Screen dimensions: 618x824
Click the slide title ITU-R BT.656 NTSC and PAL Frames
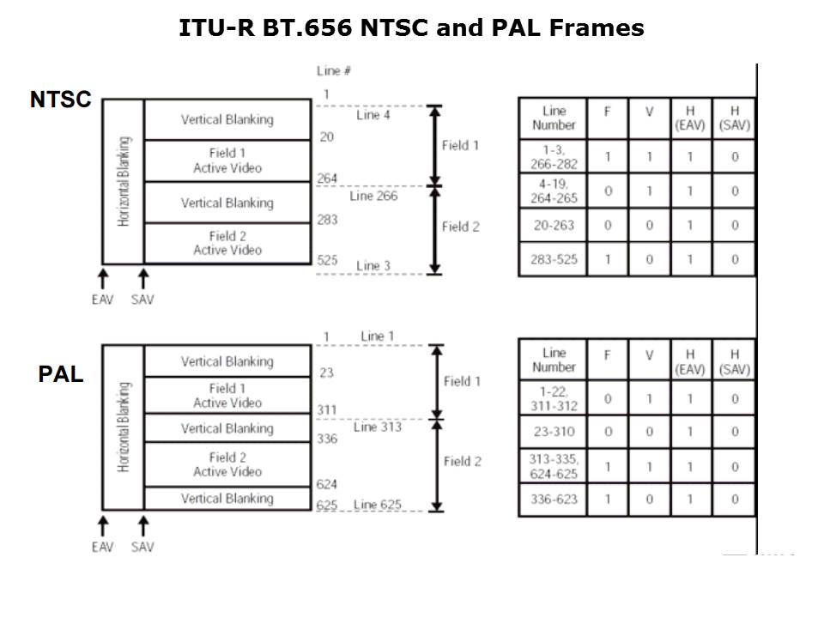tap(411, 28)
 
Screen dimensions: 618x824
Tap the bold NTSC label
tap(60, 100)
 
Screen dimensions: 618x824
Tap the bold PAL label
tap(61, 375)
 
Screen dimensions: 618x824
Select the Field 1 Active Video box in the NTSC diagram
tap(227, 161)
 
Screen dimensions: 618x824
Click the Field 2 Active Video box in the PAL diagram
tap(227, 464)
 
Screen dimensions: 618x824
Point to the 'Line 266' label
tap(373, 196)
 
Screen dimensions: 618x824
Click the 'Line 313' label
tap(378, 427)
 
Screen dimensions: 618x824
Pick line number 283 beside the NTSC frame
tap(327, 220)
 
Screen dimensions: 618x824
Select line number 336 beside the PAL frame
tap(327, 439)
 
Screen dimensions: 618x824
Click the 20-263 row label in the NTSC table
tap(554, 225)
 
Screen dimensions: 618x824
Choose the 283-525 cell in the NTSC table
tap(554, 259)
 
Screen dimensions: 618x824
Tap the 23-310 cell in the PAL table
tap(554, 432)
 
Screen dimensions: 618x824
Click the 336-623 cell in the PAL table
tap(554, 500)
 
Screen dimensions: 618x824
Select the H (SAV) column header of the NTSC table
tap(735, 118)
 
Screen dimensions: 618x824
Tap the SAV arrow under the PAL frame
tap(143, 525)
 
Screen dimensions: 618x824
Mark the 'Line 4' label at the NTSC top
tap(373, 115)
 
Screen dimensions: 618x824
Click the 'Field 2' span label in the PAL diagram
tap(462, 462)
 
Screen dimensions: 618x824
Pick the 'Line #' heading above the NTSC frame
tap(334, 70)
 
